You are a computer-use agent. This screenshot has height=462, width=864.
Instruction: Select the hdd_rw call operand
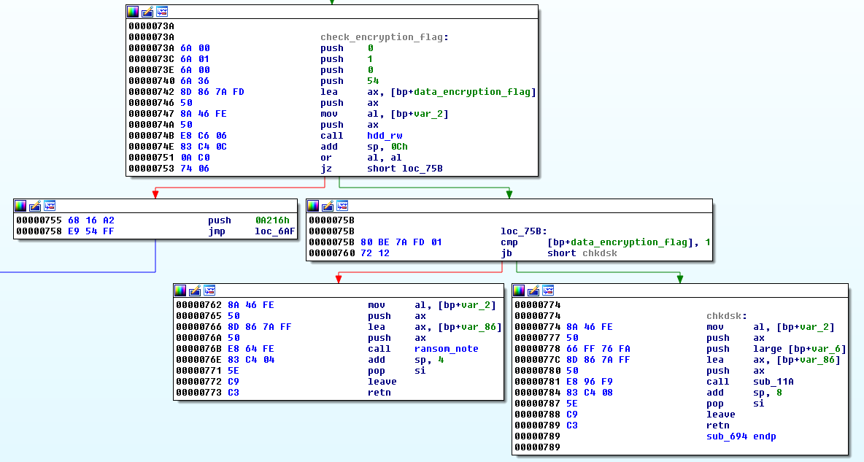(385, 136)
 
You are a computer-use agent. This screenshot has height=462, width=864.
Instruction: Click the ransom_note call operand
(446, 349)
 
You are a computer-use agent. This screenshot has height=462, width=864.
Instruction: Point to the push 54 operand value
(373, 81)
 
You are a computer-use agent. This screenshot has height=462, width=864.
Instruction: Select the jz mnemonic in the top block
(325, 169)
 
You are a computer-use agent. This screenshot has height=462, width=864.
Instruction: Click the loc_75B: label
(524, 231)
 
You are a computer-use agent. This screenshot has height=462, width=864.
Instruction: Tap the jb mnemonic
(506, 253)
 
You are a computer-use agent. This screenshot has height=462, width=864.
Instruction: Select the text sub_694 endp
(741, 436)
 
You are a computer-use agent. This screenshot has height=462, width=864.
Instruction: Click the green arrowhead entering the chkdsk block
(680, 278)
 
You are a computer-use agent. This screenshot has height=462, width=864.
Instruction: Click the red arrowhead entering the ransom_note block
(338, 278)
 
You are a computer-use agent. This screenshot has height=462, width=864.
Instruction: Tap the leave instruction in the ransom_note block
(382, 382)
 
